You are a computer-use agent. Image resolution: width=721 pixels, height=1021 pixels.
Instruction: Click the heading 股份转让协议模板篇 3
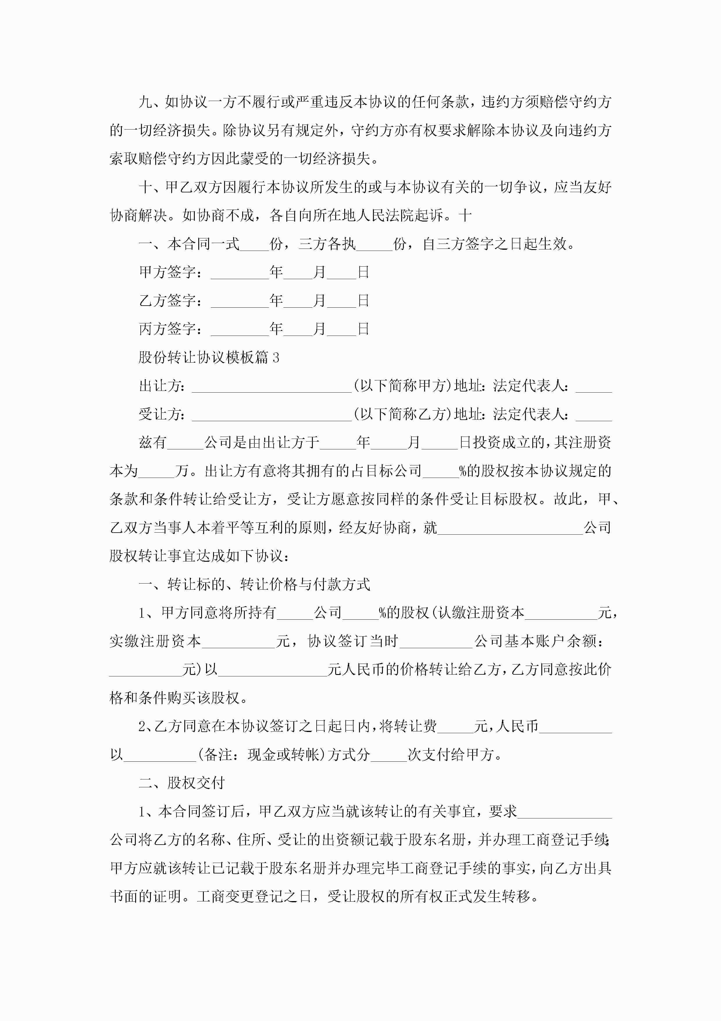209,357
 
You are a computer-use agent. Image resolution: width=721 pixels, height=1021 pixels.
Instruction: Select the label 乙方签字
167,301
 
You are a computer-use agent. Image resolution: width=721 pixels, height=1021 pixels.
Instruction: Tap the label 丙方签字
167,329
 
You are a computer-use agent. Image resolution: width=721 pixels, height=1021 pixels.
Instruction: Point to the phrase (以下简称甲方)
402,386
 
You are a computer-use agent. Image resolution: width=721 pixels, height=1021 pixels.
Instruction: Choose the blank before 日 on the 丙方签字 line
341,330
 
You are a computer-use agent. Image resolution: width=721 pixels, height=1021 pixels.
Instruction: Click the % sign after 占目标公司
463,470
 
